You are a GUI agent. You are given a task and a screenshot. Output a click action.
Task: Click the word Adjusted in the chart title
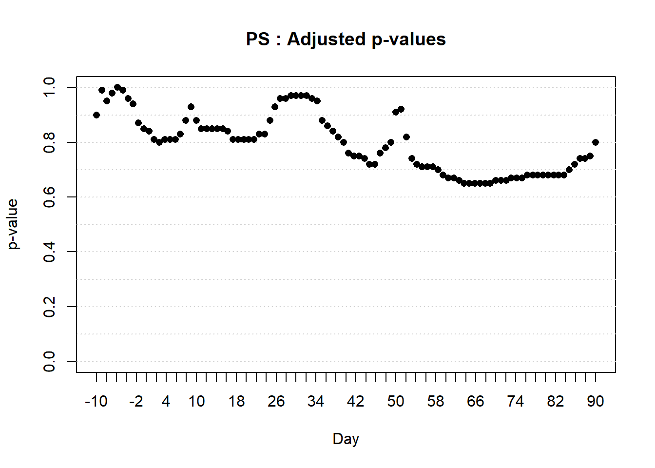(326, 39)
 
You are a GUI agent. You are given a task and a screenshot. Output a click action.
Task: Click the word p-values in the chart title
(408, 40)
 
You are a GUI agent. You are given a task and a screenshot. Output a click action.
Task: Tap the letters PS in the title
(257, 39)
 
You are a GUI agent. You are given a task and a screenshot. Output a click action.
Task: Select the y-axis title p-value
(13, 224)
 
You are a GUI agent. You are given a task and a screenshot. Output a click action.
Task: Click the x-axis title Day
(346, 439)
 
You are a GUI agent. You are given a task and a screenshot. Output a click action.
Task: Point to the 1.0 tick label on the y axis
(49, 87)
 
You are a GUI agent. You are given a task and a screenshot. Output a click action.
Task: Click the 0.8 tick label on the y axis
(49, 142)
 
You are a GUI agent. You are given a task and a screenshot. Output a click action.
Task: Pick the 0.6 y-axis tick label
(49, 197)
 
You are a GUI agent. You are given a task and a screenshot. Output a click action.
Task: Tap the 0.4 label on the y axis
(49, 252)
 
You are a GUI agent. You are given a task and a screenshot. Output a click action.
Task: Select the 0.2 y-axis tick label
(49, 307)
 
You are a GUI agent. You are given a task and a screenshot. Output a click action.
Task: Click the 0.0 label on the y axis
(49, 361)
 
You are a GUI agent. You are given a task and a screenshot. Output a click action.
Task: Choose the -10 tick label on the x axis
(96, 401)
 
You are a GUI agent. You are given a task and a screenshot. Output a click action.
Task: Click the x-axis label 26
(276, 401)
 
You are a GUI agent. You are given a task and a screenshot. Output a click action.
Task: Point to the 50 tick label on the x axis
(396, 401)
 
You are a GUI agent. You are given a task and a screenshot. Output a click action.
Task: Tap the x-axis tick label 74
(515, 401)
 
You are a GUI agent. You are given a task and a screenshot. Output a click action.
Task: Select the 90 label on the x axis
(595, 401)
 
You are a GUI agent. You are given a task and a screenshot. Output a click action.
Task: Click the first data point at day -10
(96, 115)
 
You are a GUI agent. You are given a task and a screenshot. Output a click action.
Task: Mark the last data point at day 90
(596, 142)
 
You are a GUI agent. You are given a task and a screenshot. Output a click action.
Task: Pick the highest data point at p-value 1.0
(117, 87)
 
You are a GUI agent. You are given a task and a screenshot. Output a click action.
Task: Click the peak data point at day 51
(401, 109)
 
